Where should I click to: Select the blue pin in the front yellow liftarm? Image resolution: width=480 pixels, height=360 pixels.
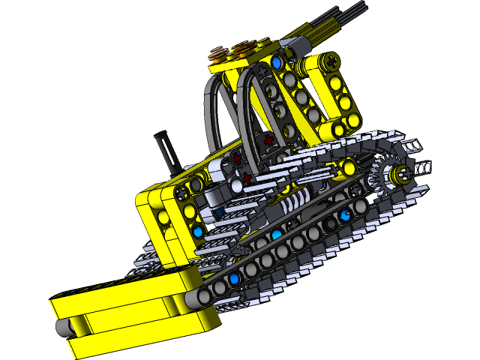click(x=198, y=232)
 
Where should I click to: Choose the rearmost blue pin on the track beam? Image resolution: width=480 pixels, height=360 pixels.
click(x=345, y=217)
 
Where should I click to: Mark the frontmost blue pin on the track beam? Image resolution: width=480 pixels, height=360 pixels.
click(x=234, y=279)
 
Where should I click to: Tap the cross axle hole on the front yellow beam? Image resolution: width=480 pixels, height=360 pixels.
click(x=182, y=193)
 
